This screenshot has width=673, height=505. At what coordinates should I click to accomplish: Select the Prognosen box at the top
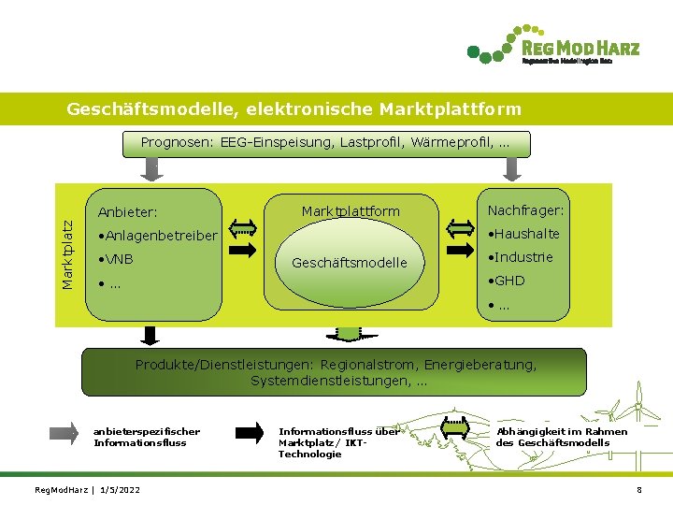pyautogui.click(x=326, y=143)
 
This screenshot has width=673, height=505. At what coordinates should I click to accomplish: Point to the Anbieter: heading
pyautogui.click(x=127, y=212)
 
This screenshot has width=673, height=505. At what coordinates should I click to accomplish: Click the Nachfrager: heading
pyautogui.click(x=526, y=210)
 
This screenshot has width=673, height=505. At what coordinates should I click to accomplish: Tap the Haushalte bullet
pyautogui.click(x=523, y=234)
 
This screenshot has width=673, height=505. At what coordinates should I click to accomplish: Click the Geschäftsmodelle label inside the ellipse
pyautogui.click(x=350, y=263)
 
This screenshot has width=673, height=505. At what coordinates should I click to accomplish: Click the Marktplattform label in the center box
pyautogui.click(x=351, y=211)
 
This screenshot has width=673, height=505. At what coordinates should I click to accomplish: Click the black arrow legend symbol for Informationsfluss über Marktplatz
pyautogui.click(x=251, y=432)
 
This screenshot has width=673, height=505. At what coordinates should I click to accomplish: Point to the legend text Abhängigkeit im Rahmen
pyautogui.click(x=562, y=431)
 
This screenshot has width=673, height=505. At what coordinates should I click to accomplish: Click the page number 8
pyautogui.click(x=639, y=490)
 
